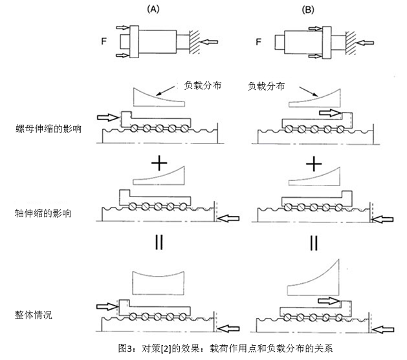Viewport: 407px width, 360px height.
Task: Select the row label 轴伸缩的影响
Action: [x=39, y=212]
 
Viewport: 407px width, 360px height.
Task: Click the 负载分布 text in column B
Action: [x=266, y=84]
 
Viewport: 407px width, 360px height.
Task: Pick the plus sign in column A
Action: [x=159, y=163]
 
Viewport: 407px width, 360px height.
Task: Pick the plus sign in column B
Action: [x=314, y=163]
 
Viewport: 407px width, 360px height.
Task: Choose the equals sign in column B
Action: [x=314, y=243]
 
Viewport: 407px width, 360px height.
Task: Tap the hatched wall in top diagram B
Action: [x=350, y=42]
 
